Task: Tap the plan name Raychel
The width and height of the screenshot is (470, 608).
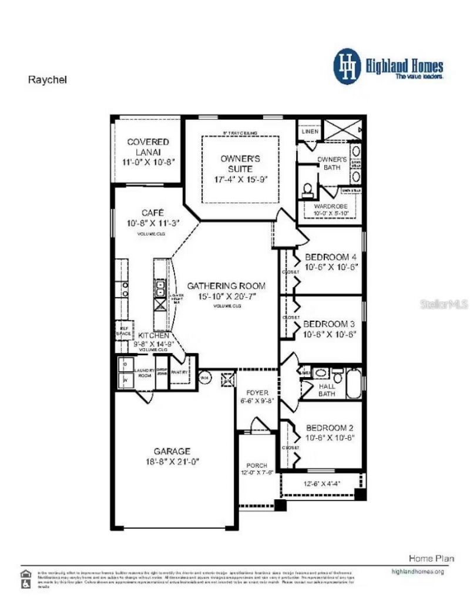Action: [48, 80]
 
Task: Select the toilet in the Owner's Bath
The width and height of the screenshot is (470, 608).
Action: [307, 190]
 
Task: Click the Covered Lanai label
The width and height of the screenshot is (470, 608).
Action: [148, 146]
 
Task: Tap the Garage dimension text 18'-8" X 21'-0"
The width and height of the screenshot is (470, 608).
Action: [172, 462]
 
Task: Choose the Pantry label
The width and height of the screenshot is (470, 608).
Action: [179, 372]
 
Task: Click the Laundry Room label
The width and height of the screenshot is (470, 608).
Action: [144, 373]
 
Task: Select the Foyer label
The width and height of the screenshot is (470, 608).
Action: [257, 392]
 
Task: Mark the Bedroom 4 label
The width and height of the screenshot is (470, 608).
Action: [330, 257]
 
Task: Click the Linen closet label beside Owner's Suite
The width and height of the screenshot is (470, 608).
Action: [310, 132]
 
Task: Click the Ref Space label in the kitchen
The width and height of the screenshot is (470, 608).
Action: [123, 331]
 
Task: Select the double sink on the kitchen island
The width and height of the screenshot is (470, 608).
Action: [160, 288]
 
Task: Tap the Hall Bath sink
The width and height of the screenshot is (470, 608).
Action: [321, 373]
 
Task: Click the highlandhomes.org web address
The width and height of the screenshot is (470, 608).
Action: [417, 571]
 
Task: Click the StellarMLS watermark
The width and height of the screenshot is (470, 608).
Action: [444, 304]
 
